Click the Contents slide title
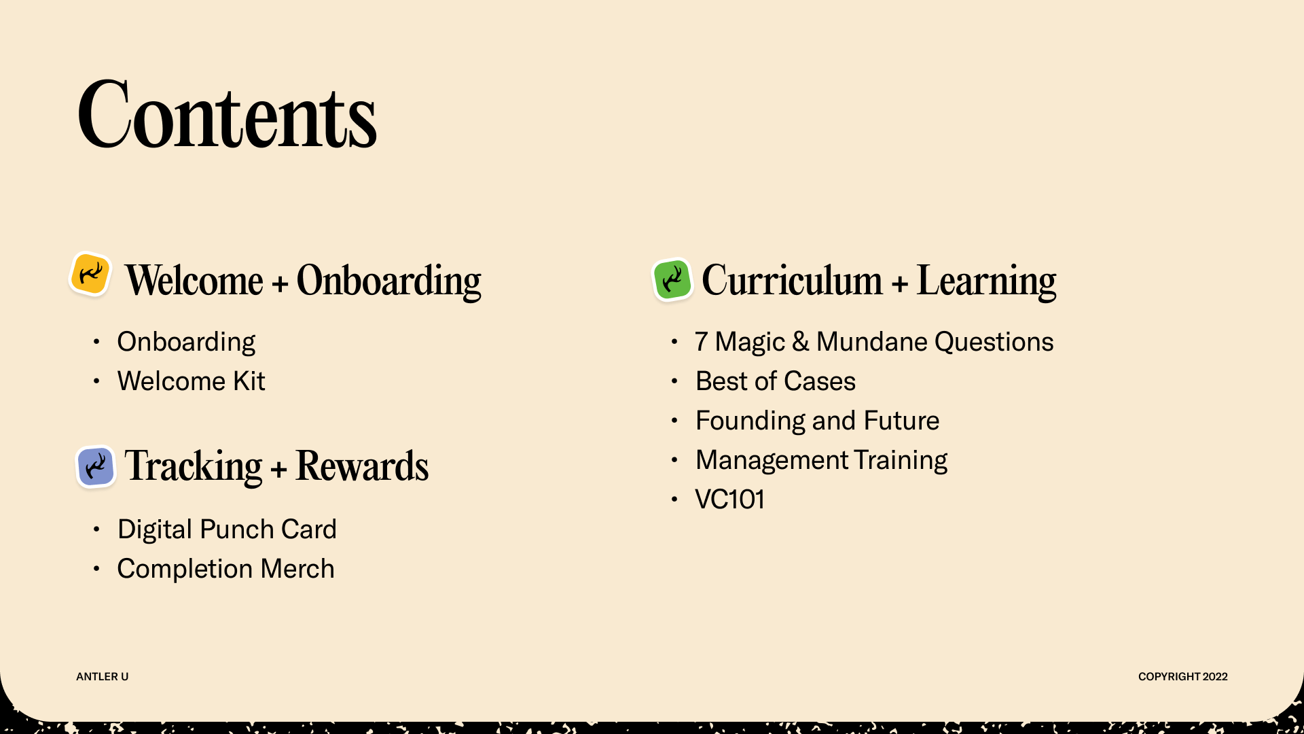(x=227, y=114)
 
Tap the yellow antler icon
(x=90, y=274)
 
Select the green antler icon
(x=672, y=279)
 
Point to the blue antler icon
(x=96, y=466)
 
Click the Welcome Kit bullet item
(x=191, y=381)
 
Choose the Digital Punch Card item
(x=227, y=529)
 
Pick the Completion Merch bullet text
(x=225, y=568)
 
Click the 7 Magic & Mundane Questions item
(x=874, y=341)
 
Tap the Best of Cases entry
(x=776, y=381)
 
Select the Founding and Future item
(x=817, y=420)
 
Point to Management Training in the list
(x=821, y=459)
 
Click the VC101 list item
(x=729, y=499)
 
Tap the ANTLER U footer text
(x=102, y=676)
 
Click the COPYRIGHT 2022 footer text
(x=1183, y=676)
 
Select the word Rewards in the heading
(x=362, y=466)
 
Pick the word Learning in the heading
(x=986, y=281)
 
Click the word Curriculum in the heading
(x=792, y=279)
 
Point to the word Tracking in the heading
(x=193, y=467)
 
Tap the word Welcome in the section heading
(x=194, y=279)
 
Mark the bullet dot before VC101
(x=674, y=500)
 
